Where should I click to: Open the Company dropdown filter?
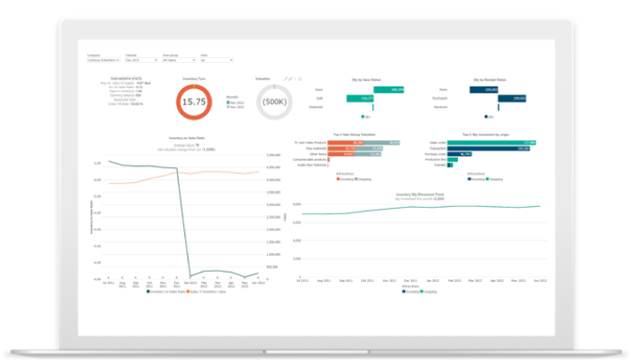pyautogui.click(x=102, y=59)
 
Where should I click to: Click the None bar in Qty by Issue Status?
pyautogui.click(x=371, y=89)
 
